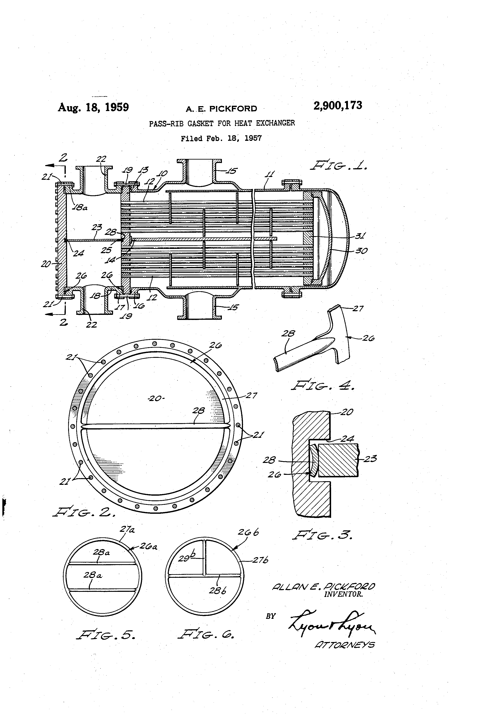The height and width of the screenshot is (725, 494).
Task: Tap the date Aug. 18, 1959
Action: tap(93, 107)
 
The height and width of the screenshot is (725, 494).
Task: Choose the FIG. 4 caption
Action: tap(323, 386)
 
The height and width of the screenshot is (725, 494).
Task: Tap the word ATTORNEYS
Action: tap(345, 645)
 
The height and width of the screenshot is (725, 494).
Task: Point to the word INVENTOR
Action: tap(343, 594)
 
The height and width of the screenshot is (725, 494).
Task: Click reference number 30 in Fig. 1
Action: tap(361, 251)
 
